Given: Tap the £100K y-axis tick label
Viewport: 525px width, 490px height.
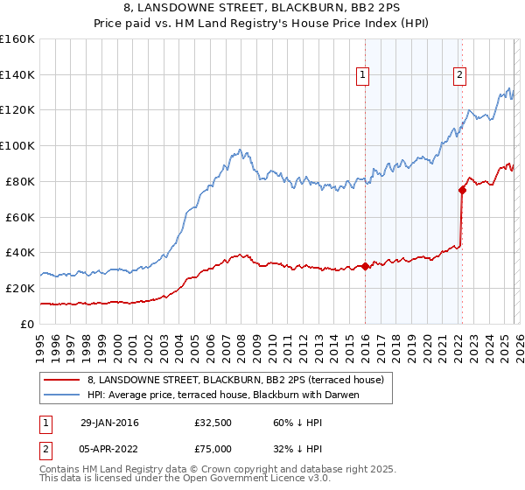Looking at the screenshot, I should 17,145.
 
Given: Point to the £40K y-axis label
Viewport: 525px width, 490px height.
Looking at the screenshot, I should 20,252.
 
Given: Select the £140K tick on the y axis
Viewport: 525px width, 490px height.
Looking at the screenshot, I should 17,74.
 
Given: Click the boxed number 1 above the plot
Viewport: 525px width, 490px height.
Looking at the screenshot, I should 364,76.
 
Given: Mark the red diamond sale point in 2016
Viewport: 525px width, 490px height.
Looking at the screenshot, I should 365,266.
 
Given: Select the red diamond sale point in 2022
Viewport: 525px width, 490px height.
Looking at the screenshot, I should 461,189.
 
